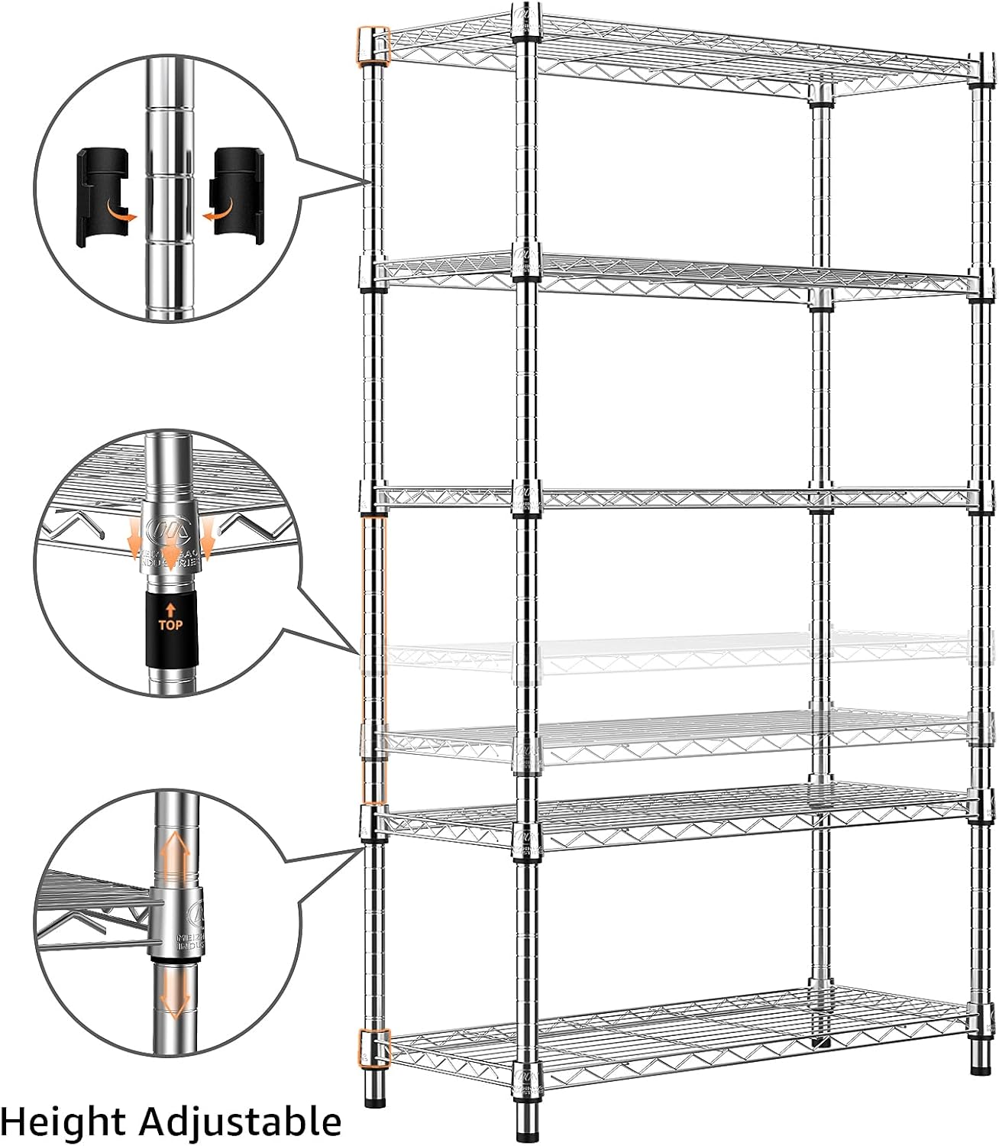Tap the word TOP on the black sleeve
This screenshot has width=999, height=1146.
coord(170,624)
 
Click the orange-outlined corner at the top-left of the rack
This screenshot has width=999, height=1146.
coord(373,46)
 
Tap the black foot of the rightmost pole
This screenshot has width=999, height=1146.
coord(979,1063)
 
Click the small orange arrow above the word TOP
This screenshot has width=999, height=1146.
coord(170,609)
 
